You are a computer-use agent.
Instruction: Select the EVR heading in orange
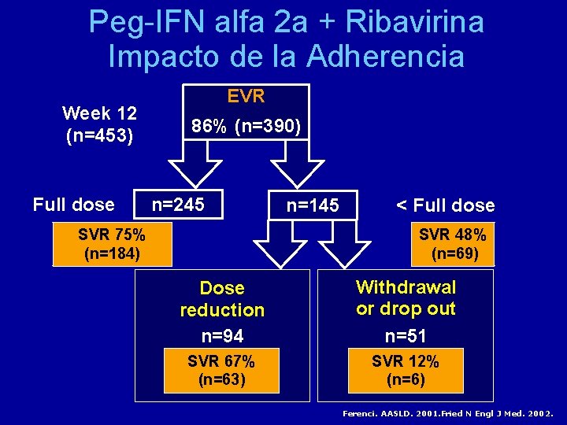click(246, 96)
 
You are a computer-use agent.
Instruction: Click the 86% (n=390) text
click(246, 126)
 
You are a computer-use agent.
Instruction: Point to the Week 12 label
click(99, 113)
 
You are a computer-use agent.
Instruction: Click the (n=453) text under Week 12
click(99, 135)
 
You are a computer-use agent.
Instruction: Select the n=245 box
click(178, 205)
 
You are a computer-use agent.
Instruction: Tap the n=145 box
click(313, 205)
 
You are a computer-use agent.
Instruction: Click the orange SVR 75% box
click(112, 244)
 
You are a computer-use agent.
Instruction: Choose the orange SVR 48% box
click(452, 244)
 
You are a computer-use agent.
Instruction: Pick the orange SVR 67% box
click(221, 371)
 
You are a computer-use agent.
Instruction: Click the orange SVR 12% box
click(406, 371)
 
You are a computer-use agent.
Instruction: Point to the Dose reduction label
click(222, 299)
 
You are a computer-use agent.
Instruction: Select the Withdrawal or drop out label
click(406, 297)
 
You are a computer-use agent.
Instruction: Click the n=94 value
click(222, 336)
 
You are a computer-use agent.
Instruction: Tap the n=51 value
click(406, 336)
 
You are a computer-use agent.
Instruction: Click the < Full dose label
click(445, 205)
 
